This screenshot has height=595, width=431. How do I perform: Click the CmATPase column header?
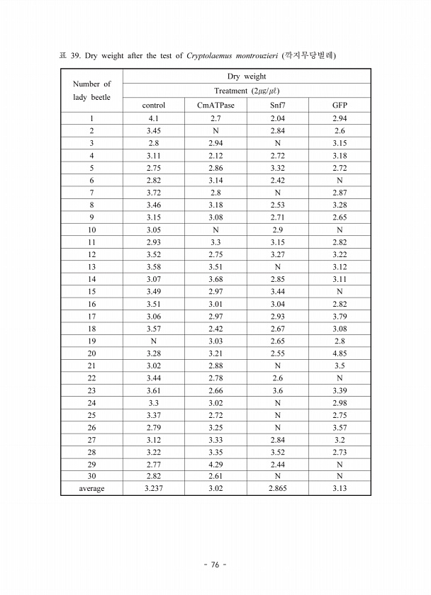[216, 106]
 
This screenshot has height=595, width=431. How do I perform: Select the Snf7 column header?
[278, 106]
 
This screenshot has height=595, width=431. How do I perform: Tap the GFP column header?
[340, 106]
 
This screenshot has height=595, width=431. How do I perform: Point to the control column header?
[154, 106]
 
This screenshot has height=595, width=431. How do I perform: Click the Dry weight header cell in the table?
[247, 76]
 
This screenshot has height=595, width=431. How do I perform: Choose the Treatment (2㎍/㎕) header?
[247, 91]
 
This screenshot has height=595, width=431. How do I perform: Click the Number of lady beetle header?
[92, 90]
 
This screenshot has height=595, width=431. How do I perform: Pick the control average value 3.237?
[154, 489]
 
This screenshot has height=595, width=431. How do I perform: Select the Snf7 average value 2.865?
[278, 489]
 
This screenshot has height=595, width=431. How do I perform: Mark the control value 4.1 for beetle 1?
[154, 118]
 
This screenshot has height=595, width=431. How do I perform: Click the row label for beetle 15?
[92, 292]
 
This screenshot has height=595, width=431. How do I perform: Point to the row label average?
[92, 489]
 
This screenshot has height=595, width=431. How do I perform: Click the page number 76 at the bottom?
[215, 565]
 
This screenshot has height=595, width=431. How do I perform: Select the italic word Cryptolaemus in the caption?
[212, 55]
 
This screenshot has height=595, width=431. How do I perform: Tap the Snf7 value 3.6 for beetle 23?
[278, 390]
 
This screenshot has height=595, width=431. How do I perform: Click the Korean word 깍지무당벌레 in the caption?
[309, 55]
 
